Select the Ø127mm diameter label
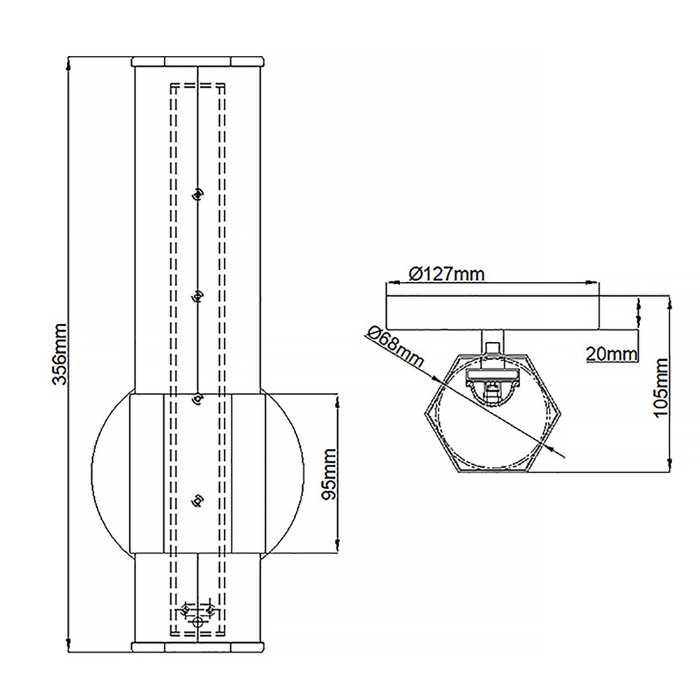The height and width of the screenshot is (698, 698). (x=446, y=273)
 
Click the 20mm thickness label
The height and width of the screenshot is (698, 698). (x=611, y=354)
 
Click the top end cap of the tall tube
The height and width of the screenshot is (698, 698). (x=198, y=61)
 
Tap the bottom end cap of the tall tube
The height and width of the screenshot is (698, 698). (x=198, y=647)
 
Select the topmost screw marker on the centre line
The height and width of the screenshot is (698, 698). (x=198, y=193)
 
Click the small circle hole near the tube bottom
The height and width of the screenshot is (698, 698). (x=198, y=621)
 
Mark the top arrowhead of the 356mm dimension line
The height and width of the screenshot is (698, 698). (x=68, y=63)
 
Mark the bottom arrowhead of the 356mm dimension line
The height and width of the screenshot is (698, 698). (x=68, y=646)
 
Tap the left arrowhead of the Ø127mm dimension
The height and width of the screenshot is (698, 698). (x=391, y=283)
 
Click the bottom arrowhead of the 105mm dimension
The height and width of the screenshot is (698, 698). (x=669, y=466)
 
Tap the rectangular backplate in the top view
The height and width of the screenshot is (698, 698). (x=493, y=312)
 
